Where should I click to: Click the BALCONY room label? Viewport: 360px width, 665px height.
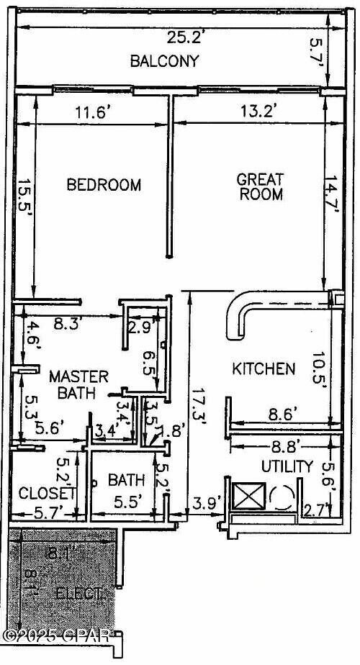pos(164,61)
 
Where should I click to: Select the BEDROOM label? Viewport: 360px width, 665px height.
pos(104,185)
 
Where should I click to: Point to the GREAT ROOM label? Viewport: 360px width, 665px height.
pos(261,186)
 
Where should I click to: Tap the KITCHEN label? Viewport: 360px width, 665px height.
pos(263,369)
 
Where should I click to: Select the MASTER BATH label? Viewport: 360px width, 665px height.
pos(78,384)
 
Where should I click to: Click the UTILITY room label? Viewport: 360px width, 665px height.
pos(287,466)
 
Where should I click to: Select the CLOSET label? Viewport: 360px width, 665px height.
pos(47,494)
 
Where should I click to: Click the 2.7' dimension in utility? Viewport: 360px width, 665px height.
pos(315,512)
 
